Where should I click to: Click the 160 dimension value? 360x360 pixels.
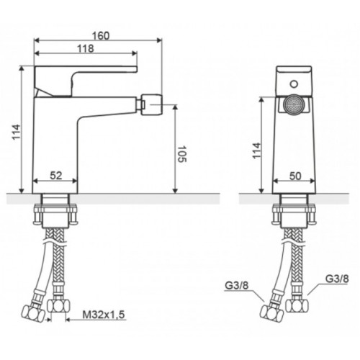[x=101, y=36]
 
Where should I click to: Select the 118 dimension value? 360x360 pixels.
[x=85, y=49]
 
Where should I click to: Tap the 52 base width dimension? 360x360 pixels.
[x=56, y=176]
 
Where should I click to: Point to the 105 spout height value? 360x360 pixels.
[x=181, y=153]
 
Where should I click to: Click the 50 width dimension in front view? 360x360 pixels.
[x=295, y=176]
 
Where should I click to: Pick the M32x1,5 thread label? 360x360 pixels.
[x=104, y=315]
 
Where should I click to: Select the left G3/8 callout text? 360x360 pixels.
[x=237, y=286]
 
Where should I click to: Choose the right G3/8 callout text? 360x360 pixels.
[x=337, y=279]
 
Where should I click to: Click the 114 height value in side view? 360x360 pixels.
[x=17, y=132]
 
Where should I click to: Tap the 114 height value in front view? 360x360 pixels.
[x=256, y=150]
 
